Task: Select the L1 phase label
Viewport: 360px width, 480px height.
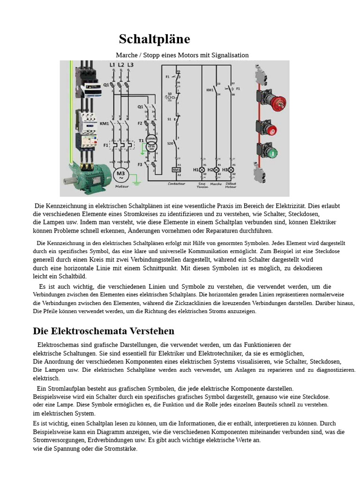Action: coord(112,65)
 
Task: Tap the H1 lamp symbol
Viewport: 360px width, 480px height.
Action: coord(202,170)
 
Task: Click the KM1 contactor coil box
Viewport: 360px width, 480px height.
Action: coord(177,170)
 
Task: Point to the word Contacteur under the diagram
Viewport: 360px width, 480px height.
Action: coord(177,184)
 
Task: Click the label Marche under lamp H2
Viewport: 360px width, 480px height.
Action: coord(216,184)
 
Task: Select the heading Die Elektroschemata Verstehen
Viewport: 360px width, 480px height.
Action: coord(104,331)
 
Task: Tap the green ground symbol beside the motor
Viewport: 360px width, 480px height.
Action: coord(136,177)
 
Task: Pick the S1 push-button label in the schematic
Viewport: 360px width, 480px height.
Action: coord(170,119)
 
